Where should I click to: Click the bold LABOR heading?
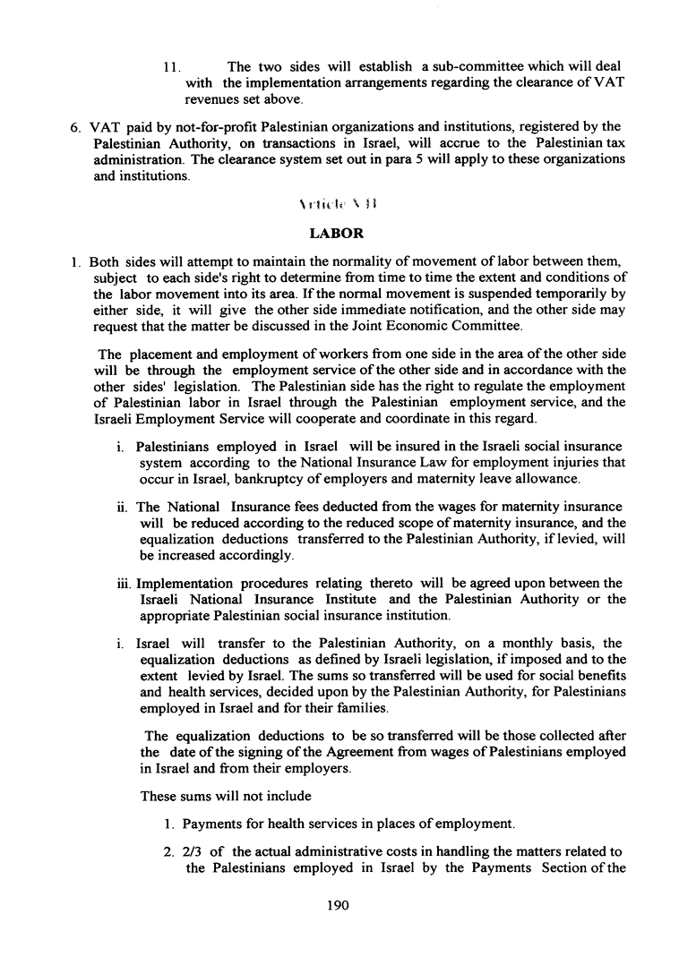click(336, 234)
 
